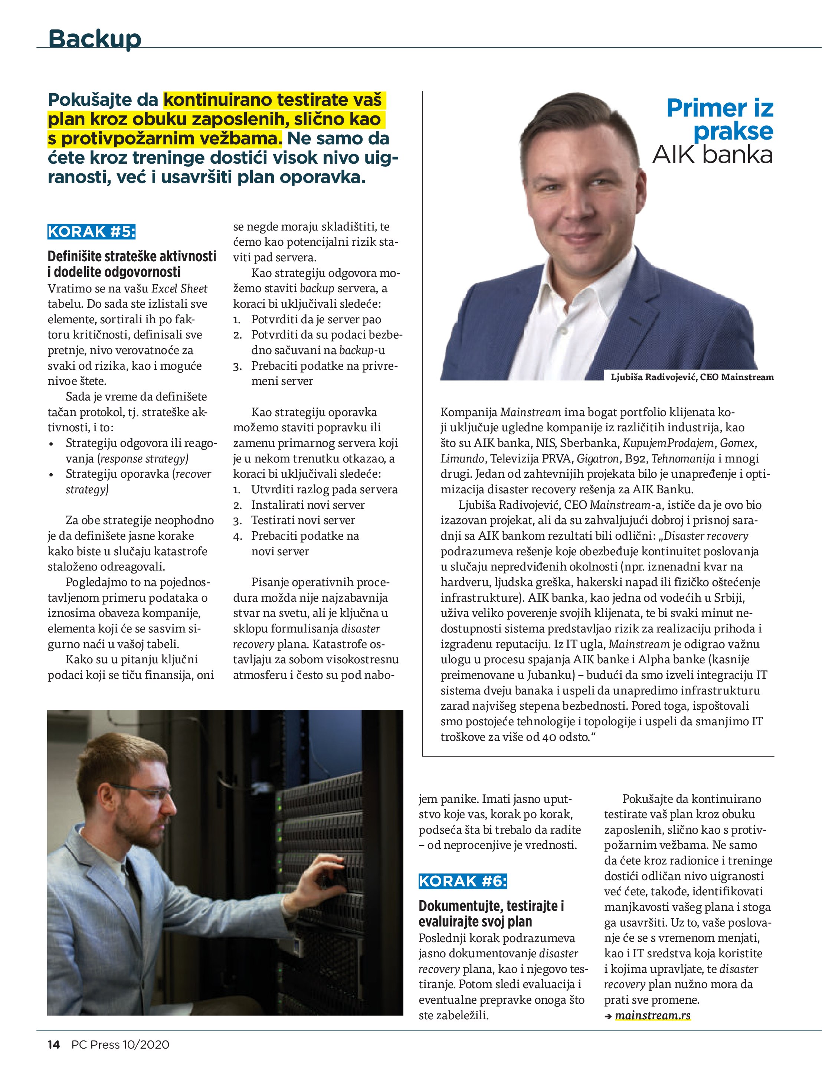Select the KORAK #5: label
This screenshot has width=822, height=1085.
(91, 232)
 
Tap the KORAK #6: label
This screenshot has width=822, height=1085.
(462, 882)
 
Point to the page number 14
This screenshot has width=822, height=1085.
(53, 1045)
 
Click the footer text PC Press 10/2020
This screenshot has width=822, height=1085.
(120, 1045)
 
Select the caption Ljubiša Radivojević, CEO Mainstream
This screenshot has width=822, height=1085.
(692, 377)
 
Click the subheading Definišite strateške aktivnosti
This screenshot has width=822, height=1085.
(131, 256)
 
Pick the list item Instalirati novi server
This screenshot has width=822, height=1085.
(308, 505)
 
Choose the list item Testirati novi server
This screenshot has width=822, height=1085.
(302, 520)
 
